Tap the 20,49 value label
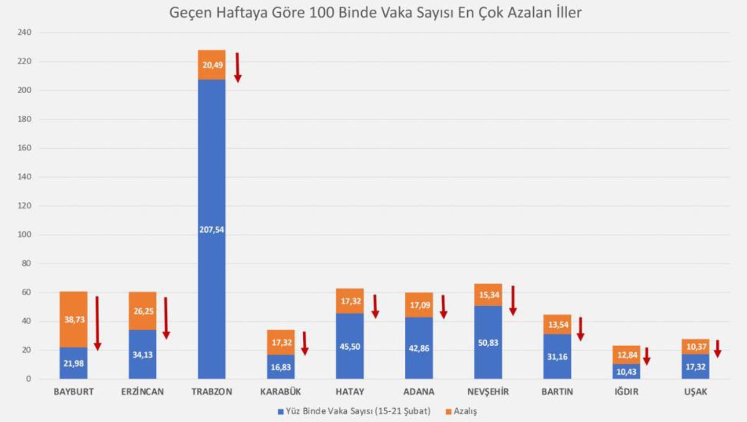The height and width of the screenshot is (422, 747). click(212, 65)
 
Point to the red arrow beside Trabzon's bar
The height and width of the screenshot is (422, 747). click(238, 67)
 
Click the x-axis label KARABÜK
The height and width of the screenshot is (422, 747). click(281, 392)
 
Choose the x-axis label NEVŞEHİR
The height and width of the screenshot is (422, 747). click(488, 392)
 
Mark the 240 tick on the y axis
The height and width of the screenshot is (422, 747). click(24, 32)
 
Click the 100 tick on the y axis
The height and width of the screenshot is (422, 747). click(24, 235)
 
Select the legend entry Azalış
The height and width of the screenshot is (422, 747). click(465, 411)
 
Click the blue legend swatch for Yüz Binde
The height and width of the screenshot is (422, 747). click(281, 412)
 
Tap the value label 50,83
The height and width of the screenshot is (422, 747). click(488, 343)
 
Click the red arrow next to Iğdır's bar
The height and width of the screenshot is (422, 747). click(647, 356)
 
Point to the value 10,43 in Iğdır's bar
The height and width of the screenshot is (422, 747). click(626, 372)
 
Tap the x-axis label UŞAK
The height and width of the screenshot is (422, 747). click(695, 392)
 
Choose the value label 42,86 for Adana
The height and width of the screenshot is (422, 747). click(419, 348)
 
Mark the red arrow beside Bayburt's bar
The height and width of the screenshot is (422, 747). click(97, 323)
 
